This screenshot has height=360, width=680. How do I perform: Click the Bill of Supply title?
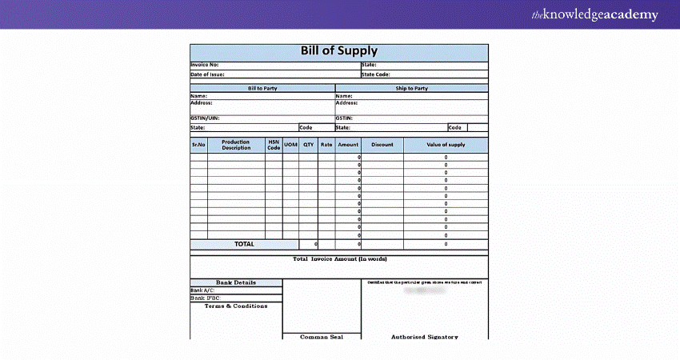(x=338, y=51)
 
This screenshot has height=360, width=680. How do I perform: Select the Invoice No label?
(x=205, y=65)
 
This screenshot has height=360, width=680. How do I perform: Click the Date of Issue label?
(x=207, y=74)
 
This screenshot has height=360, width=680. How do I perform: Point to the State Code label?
(x=376, y=74)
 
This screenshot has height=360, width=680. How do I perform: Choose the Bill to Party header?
(x=262, y=88)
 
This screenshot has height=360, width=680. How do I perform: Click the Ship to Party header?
(x=411, y=88)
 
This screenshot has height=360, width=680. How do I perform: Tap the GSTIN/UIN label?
(x=205, y=118)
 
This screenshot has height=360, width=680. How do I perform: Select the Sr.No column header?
(x=198, y=145)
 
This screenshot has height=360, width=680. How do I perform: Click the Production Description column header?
(x=236, y=145)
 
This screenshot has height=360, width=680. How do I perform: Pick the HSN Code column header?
(x=274, y=145)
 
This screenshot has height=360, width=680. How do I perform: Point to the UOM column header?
(x=290, y=145)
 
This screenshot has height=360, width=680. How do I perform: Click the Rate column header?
(x=326, y=145)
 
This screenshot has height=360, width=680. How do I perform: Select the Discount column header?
(x=382, y=145)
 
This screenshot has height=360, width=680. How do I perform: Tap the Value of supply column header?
(x=446, y=145)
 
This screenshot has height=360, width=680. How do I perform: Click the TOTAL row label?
(x=244, y=244)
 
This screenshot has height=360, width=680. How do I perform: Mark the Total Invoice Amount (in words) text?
(x=339, y=259)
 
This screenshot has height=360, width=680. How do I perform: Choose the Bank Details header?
(x=236, y=282)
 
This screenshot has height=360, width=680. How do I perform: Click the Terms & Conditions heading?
(x=236, y=306)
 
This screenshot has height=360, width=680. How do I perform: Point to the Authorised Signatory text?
(x=425, y=337)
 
